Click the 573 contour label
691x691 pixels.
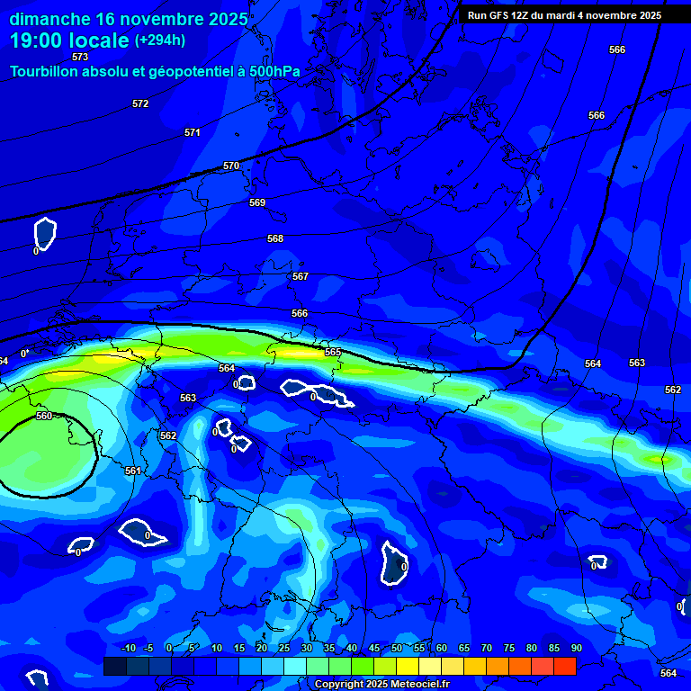80,57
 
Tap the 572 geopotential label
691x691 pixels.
140,103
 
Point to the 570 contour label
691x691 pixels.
231,166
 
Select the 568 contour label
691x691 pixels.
275,238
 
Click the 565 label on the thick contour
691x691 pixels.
333,352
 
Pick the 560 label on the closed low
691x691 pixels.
44,416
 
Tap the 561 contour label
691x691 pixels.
133,471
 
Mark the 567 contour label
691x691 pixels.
301,276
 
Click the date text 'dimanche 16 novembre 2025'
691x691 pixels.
129,19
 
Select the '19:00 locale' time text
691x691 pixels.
69,40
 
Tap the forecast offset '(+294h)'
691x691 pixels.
160,40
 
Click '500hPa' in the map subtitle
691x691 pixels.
274,71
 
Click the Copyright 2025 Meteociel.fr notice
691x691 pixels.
381,685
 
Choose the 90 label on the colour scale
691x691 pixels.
576,648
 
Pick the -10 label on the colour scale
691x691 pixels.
127,648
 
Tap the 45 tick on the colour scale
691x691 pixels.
373,648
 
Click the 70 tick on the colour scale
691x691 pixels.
486,648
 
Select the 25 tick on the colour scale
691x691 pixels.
283,648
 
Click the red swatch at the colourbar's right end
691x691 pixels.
564,666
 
